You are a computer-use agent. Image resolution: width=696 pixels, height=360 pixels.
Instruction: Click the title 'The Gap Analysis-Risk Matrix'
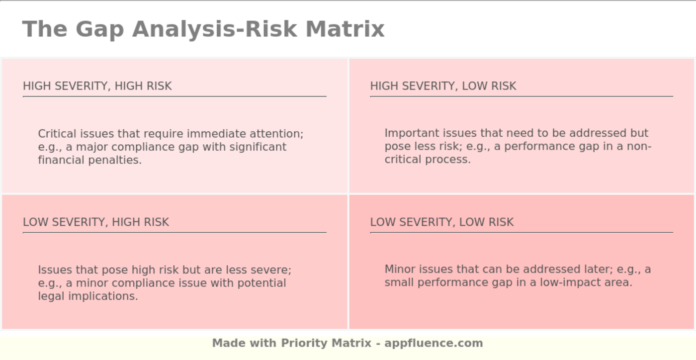pos(203,29)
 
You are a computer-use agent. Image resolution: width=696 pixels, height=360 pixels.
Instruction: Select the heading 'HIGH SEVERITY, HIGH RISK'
pos(97,86)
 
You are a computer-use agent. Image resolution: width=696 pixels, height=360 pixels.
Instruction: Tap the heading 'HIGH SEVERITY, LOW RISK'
pos(443,86)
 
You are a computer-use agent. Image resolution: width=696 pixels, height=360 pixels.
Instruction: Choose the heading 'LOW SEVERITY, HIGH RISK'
pos(96,222)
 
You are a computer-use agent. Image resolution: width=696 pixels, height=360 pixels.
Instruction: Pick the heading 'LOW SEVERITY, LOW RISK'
pos(441,222)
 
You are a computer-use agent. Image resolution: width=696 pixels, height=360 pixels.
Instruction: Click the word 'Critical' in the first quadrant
pos(57,134)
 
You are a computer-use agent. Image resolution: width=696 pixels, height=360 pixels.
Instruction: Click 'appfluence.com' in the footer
pos(434,343)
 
